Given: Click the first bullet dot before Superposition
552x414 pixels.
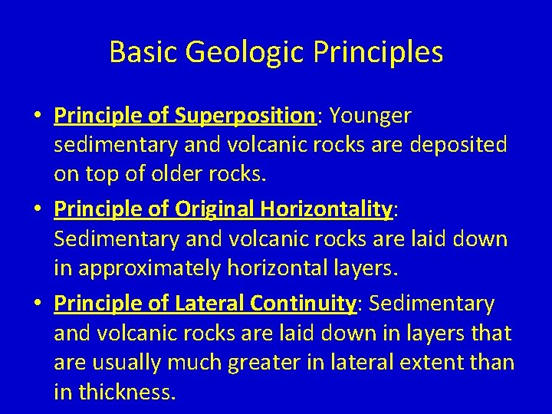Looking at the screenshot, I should pos(38,117).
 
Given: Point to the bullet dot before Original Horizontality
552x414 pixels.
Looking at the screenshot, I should pos(38,210).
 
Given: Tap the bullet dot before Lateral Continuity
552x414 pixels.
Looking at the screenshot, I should pos(38,304).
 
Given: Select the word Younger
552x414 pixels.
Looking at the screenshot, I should pos(370,117).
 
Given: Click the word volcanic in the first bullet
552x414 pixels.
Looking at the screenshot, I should pos(231,146).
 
